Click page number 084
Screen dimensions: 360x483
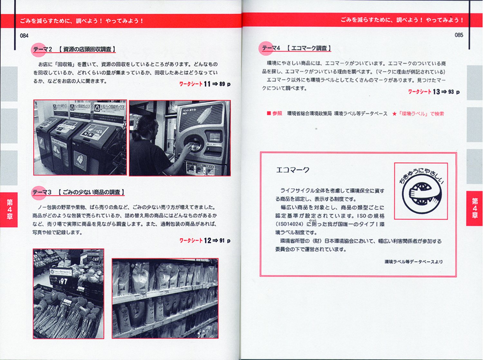[24, 36]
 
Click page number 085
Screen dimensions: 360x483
[459, 35]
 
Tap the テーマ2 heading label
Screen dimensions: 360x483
[42, 49]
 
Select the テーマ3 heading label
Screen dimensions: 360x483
[42, 192]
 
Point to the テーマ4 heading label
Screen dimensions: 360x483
[271, 48]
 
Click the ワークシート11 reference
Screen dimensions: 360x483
[205, 84]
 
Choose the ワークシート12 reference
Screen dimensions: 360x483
[205, 241]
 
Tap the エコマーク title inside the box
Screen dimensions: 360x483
[292, 170]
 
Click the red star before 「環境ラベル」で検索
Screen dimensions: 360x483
[394, 114]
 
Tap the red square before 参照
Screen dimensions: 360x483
[269, 113]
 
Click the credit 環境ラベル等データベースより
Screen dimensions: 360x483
[413, 262]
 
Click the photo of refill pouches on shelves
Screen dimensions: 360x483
[165, 298]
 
